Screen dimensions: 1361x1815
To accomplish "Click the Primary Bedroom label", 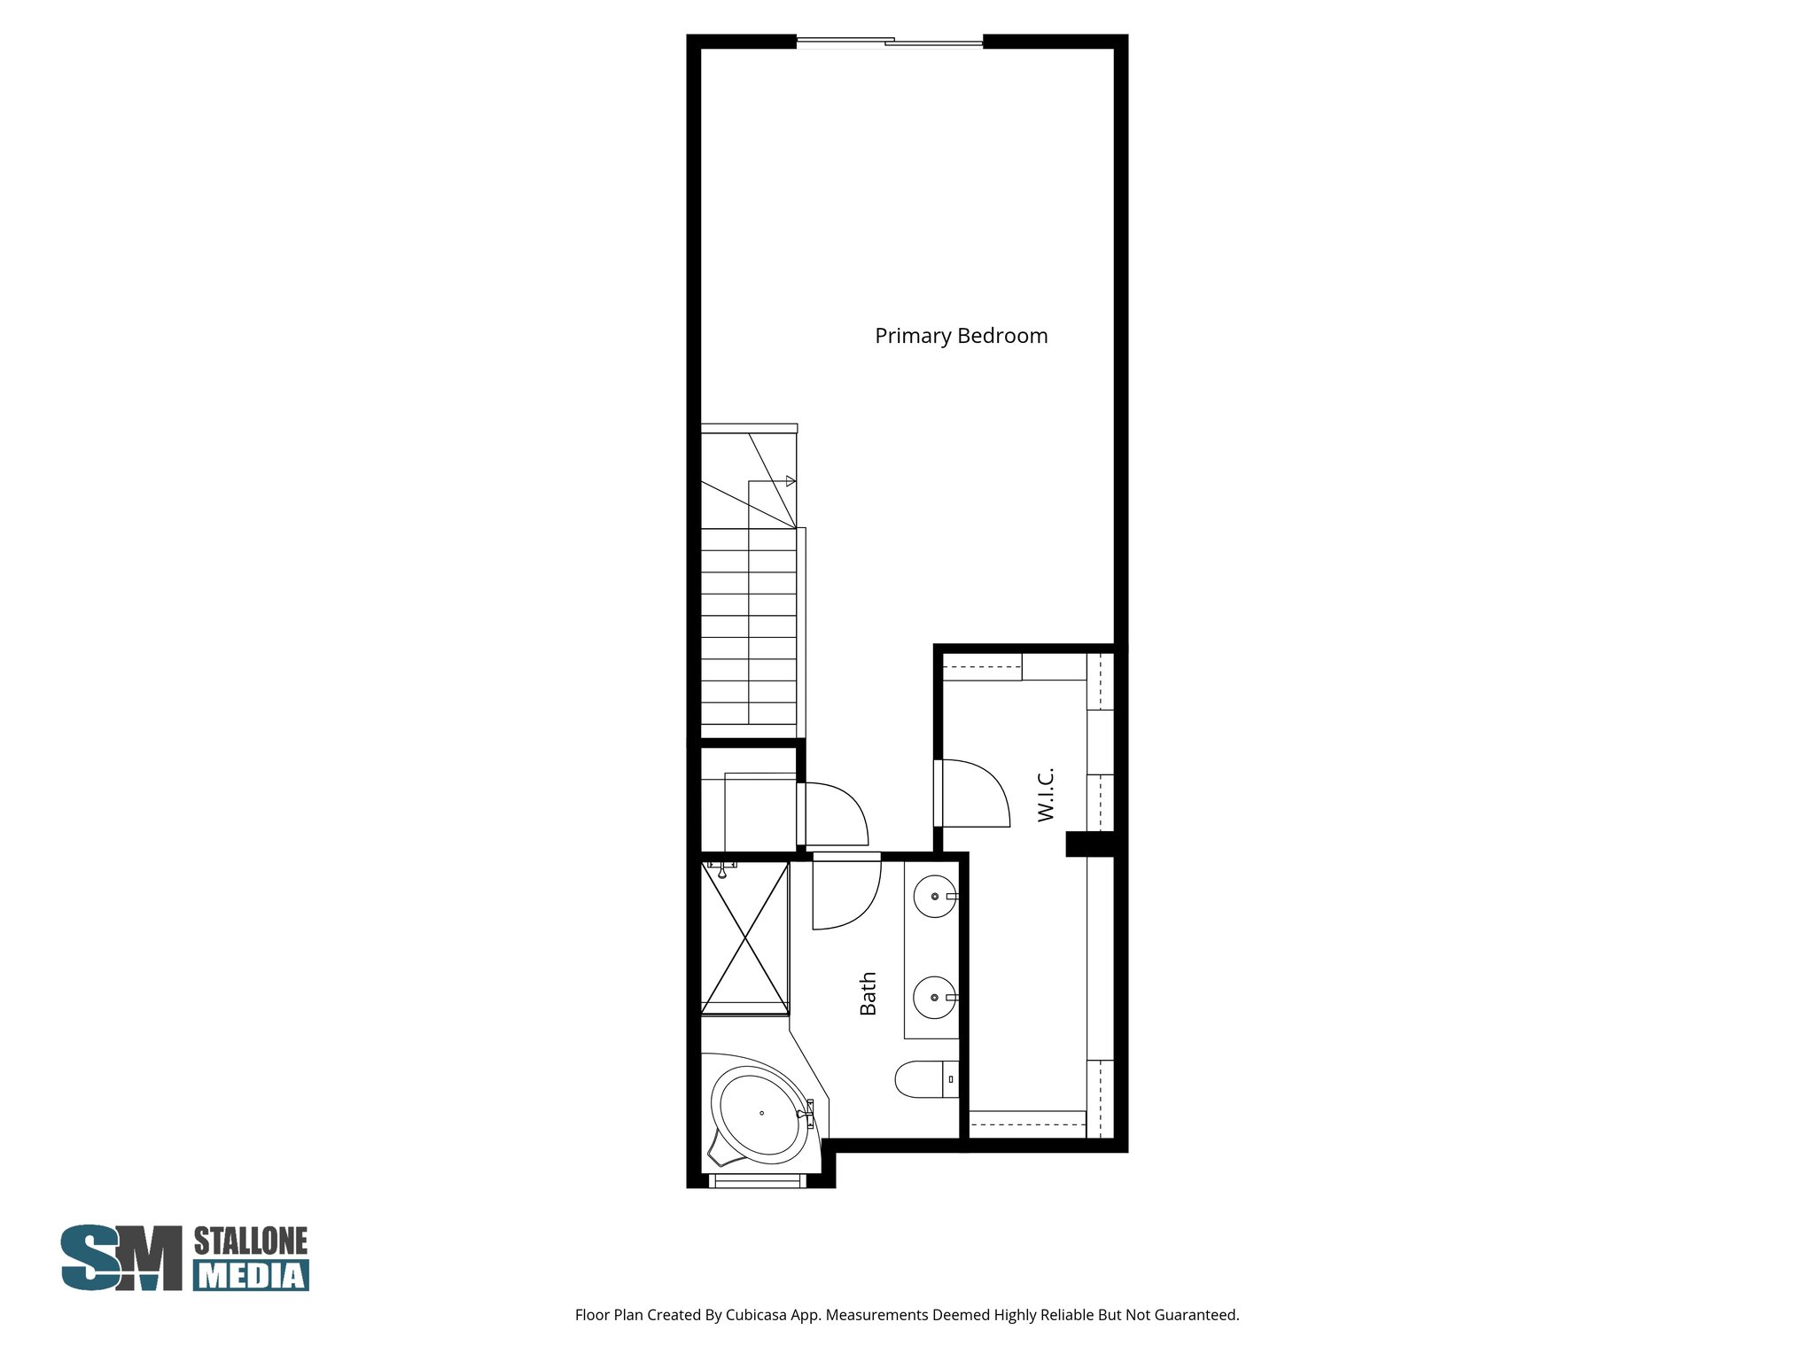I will (961, 336).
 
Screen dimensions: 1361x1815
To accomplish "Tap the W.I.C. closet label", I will (1046, 794).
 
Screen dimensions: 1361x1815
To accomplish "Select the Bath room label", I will (868, 993).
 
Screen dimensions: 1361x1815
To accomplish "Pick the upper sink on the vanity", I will (934, 897).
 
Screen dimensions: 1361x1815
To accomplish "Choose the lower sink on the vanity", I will (934, 997).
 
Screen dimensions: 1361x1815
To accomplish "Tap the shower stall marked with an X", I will (744, 937).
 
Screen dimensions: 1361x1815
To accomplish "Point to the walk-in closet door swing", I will (975, 793).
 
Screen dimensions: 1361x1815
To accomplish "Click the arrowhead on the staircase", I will (791, 481).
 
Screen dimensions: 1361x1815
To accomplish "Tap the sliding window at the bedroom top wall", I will (889, 41).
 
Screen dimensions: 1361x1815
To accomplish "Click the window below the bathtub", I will (758, 1180).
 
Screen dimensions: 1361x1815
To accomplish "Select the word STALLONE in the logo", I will (251, 1241).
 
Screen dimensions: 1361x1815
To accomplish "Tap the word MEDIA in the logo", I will (252, 1275).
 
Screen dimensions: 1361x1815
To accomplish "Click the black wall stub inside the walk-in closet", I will (1089, 844).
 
